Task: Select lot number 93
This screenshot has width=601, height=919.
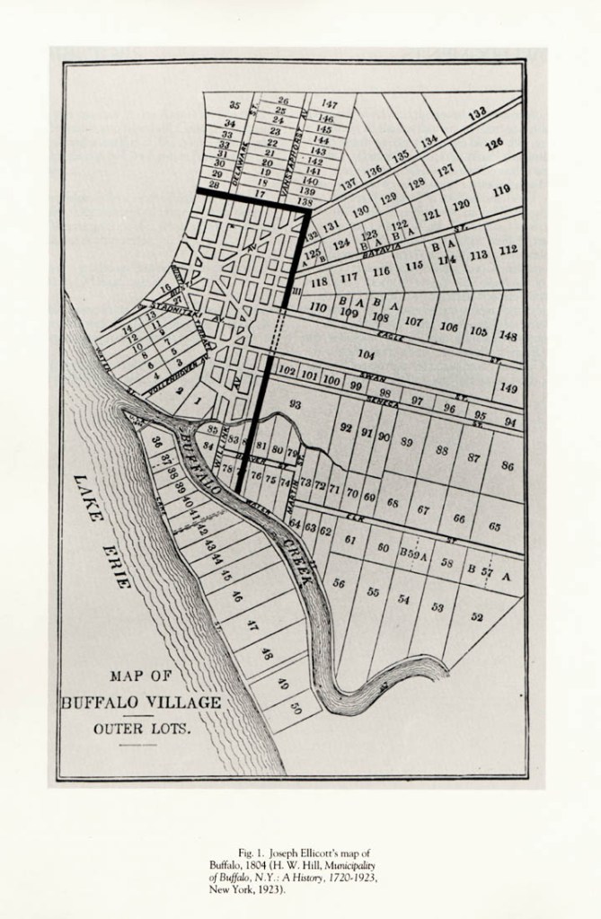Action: point(296,405)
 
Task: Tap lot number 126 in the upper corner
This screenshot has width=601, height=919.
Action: point(494,144)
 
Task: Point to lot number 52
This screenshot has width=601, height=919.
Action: point(476,617)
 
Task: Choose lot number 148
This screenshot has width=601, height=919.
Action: point(508,336)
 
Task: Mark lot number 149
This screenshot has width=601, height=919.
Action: point(509,388)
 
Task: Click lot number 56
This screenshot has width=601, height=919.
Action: point(339,583)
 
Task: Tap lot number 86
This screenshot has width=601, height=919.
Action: point(508,465)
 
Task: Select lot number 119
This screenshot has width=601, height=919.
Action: point(500,190)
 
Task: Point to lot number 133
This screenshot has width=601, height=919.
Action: point(477,112)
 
